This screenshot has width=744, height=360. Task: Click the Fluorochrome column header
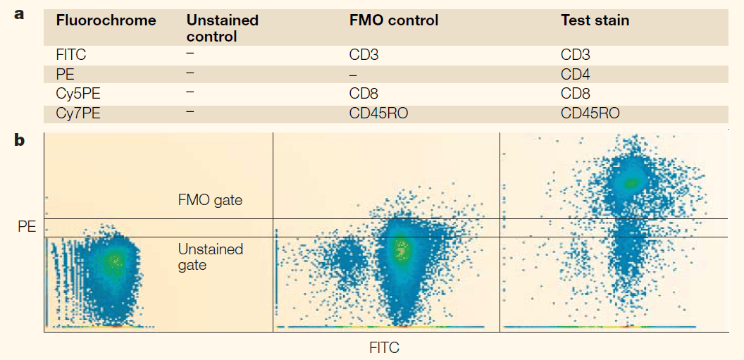pos(105,20)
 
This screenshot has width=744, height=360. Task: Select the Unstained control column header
pos(223,28)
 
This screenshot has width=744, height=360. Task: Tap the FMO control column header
pos(394,20)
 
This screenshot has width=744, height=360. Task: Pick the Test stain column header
pos(595,20)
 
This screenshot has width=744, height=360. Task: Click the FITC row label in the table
pos(71,54)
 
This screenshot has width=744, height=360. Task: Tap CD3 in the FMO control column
pos(364,54)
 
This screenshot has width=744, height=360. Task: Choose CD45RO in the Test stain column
pos(590,113)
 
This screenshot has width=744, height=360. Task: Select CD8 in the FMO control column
pos(364,94)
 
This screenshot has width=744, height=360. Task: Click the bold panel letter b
pos(20,140)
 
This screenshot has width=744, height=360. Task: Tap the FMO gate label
pos(210,200)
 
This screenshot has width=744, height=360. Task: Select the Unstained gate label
pos(210,257)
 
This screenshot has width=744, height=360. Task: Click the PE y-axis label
pos(27,227)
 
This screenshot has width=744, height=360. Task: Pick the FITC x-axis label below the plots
pos(384,347)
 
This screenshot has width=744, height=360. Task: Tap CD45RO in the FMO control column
pos(378,113)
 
